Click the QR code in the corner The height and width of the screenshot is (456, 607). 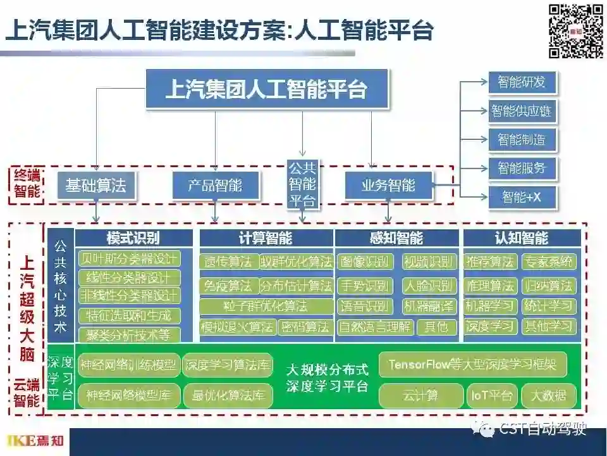[575, 30]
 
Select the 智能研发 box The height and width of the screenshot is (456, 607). [521, 82]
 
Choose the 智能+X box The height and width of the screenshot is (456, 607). [521, 198]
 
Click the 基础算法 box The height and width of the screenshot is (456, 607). [95, 186]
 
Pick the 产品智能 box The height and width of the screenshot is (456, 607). [215, 186]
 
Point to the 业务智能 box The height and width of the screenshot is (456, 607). [388, 186]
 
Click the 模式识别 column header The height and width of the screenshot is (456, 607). [133, 238]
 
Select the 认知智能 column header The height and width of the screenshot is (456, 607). [522, 238]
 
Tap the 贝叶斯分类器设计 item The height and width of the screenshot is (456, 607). [129, 259]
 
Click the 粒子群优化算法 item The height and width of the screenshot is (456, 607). [266, 307]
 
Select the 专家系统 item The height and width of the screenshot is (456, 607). [548, 262]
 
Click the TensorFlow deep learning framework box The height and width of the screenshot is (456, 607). [472, 364]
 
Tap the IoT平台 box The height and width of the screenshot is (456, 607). [491, 396]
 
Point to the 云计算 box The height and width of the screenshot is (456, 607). [420, 396]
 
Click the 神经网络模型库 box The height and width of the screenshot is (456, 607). [129, 396]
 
